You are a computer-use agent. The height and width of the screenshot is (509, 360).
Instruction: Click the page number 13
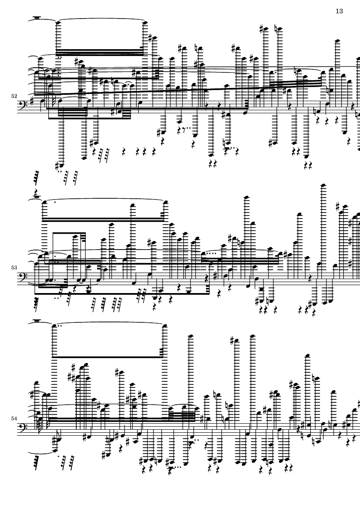339,11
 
